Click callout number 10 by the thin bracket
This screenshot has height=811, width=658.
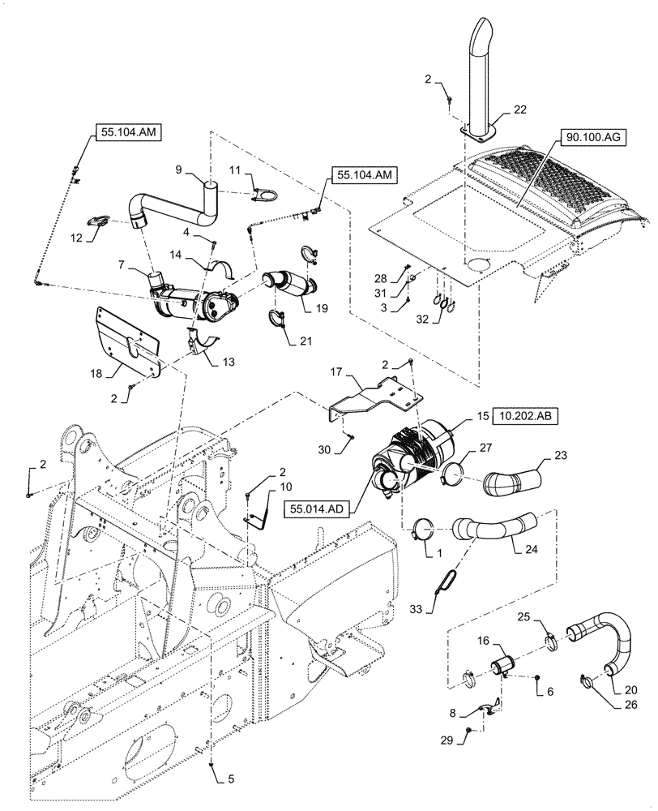click(264, 487)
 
